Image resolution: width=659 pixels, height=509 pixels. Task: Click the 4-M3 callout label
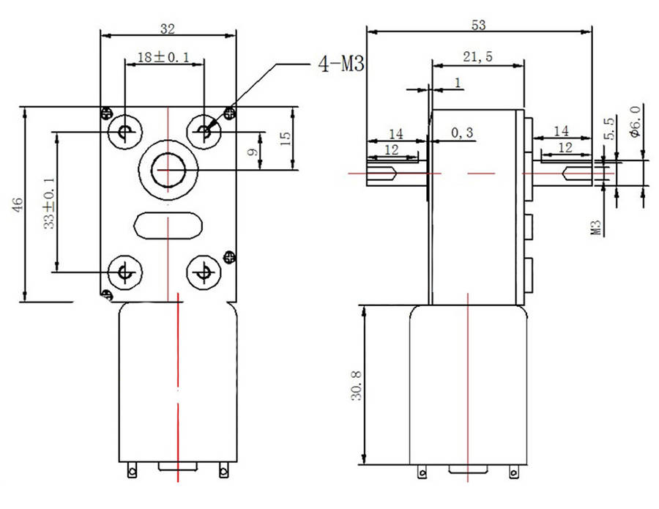pyautogui.click(x=341, y=64)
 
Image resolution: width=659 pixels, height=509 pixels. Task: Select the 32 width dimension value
pyautogui.click(x=167, y=29)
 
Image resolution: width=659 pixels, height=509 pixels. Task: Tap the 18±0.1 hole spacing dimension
pyautogui.click(x=163, y=56)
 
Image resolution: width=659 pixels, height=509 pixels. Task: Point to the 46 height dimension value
pyautogui.click(x=18, y=204)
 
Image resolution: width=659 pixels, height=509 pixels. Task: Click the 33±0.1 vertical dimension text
pyautogui.click(x=49, y=203)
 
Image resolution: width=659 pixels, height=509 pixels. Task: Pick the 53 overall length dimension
pyautogui.click(x=478, y=25)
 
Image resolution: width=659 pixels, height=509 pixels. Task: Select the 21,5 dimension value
pyautogui.click(x=478, y=56)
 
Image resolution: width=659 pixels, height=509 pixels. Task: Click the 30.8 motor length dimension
pyautogui.click(x=357, y=386)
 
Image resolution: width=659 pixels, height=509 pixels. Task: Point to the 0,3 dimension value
pyautogui.click(x=462, y=133)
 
